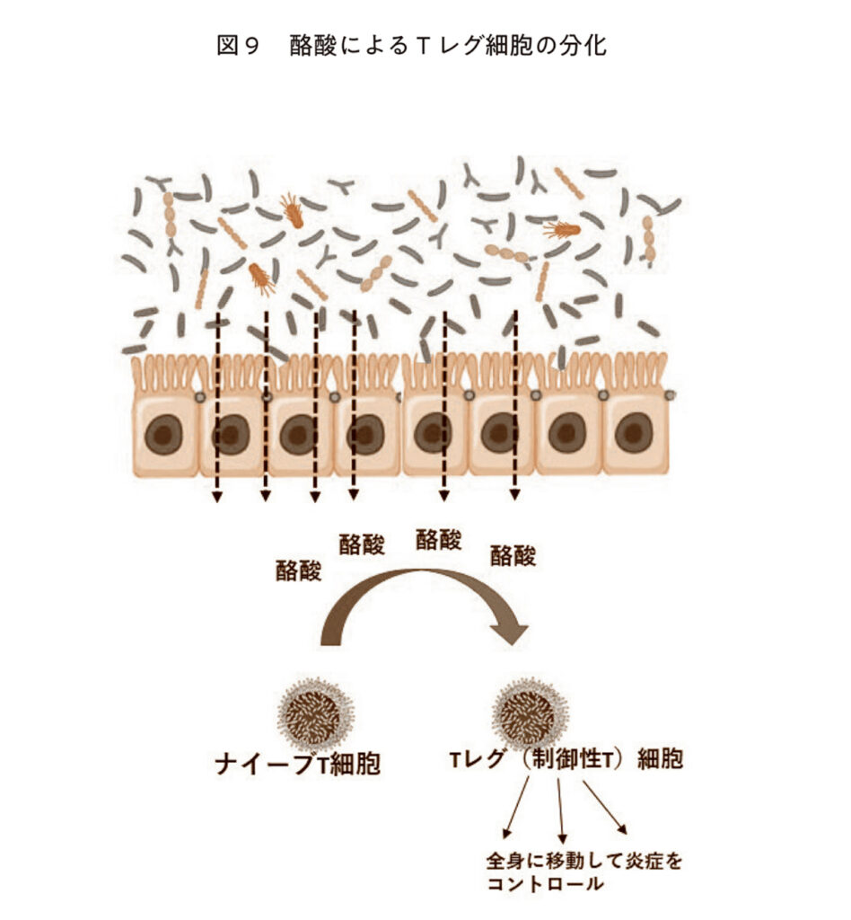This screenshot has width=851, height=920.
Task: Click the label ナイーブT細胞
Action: pos(297,765)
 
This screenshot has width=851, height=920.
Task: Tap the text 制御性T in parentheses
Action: pos(575,760)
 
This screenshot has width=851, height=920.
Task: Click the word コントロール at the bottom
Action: pos(544,884)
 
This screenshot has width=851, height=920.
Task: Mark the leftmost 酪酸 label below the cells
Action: pos(298,571)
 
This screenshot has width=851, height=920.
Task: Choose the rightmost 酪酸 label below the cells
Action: pos(513,555)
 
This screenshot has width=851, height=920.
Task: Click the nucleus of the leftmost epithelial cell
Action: pos(164,436)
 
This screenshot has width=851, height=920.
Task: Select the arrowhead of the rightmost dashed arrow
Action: pos(514,495)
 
